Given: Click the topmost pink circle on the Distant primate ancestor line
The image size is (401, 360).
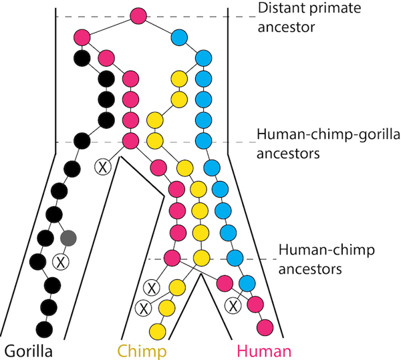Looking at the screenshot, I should point(138,15).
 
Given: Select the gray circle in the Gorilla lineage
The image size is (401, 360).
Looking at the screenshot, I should point(68,237).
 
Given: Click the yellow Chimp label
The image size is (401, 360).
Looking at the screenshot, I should point(142,350).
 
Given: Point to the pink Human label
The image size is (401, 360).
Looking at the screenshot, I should point(264,350).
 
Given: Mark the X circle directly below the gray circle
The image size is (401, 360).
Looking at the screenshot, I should point(61,261).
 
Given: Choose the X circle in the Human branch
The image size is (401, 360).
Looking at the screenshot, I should point(233,306).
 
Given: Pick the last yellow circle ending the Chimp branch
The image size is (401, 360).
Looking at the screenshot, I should point(157,330).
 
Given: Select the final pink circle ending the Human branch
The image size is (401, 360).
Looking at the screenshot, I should point(265,328).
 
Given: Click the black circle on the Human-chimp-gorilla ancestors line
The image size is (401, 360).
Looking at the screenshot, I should point(82,141).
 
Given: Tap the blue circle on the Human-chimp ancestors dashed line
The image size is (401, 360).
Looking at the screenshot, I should point(234,258).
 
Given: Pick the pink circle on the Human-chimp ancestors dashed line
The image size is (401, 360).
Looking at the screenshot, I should point(172,257).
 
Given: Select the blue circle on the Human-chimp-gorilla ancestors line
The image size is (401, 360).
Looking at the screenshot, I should point(203,141).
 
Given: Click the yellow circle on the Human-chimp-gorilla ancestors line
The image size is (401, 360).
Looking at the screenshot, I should point(155,141).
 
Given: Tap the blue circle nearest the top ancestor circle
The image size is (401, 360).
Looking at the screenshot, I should point(179,36).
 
